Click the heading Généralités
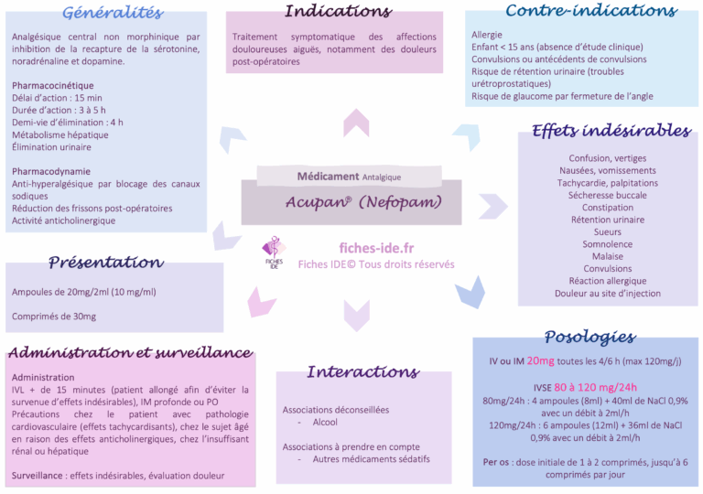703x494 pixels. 114,13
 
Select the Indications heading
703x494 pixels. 338,12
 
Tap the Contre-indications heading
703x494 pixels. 590,11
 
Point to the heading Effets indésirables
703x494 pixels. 611,131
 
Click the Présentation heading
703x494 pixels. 105,263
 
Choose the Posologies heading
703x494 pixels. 589,337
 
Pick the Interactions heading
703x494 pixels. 362,371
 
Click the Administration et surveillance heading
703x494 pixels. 129,352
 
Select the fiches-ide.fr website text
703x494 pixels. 376,248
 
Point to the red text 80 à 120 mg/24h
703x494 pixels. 595,386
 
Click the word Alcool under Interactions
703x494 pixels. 325,423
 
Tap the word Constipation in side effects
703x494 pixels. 607,208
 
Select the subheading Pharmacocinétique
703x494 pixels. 53,85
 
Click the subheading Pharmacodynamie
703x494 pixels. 51,171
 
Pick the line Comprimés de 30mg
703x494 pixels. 54,317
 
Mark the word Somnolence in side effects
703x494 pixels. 607,244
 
